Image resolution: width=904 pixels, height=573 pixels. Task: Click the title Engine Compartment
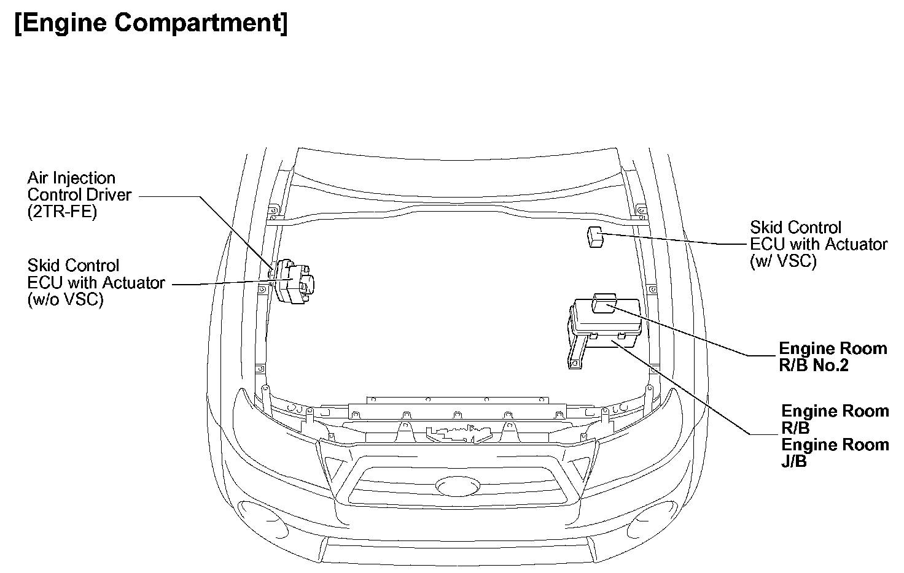point(150,23)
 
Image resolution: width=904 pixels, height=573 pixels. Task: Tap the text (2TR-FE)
point(62,212)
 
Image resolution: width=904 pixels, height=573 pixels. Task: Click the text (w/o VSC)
point(65,299)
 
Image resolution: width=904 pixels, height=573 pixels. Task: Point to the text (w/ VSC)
point(783,261)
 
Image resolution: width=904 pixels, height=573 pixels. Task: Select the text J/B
point(794,461)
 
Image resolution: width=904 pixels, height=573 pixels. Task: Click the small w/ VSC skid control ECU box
point(595,236)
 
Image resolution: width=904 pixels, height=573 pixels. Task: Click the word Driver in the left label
point(111,195)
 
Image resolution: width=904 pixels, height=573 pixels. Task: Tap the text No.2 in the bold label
point(831,366)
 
